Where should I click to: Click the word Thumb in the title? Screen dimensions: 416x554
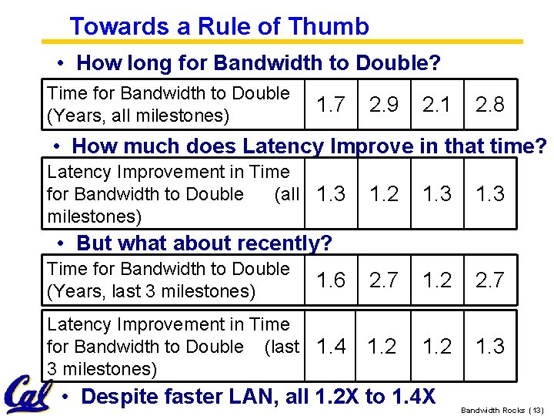pos(329,27)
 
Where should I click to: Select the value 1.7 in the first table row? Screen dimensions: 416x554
pos(331,105)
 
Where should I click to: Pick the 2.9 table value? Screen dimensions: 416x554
pos(384,105)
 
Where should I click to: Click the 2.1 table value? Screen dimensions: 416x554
pos(437,105)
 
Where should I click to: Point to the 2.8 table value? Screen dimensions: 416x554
pos(490,105)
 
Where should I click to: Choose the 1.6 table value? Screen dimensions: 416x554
pos(331,280)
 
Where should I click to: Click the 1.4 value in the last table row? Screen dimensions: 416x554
pos(331,347)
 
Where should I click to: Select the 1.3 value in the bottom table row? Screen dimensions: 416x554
pos(490,347)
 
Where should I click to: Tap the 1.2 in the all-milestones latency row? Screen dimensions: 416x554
pos(384,194)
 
